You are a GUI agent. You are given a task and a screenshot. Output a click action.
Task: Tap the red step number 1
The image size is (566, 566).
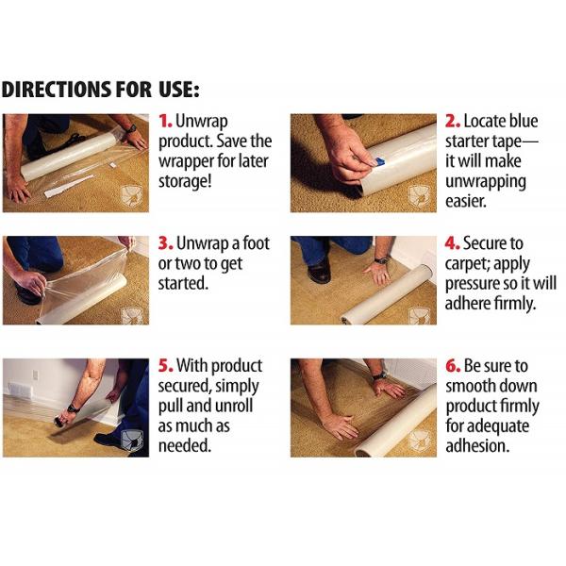point(165,122)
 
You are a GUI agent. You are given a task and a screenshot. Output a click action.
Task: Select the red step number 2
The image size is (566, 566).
point(452,122)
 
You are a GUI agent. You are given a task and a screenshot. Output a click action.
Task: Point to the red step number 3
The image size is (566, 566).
point(166,243)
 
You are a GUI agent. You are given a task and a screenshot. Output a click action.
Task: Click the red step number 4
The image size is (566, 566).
point(452,243)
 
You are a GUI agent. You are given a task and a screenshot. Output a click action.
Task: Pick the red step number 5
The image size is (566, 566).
point(166,366)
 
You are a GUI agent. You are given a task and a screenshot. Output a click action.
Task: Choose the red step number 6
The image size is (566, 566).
point(453,366)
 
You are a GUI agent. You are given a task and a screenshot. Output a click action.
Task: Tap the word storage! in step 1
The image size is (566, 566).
point(185,181)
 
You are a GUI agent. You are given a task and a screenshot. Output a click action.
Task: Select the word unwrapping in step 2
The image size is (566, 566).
point(485,182)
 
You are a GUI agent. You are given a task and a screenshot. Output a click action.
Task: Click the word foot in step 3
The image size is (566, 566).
point(256,243)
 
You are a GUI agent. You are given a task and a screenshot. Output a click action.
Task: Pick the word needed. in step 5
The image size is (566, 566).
point(185,446)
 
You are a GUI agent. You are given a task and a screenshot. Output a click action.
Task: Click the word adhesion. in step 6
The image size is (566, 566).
point(477,446)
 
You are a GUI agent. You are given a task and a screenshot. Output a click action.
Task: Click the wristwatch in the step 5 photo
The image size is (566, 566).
point(74,408)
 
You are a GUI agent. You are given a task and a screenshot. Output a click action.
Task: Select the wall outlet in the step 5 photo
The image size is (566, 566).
point(35,375)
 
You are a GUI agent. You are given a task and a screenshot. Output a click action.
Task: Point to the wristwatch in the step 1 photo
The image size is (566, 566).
point(131,128)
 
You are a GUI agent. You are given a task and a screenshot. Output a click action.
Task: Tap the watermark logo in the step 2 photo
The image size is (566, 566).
point(419,195)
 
